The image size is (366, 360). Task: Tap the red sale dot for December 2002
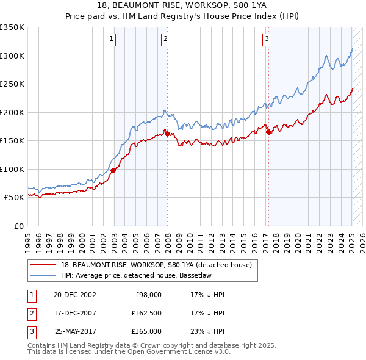pos(113,170)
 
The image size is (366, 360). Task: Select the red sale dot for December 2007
pos(168,134)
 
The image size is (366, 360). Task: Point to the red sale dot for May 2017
pos(269,132)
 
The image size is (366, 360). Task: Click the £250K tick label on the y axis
pos(12,84)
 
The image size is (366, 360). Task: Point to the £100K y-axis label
pos(12,169)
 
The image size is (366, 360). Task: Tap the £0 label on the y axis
pos(19,226)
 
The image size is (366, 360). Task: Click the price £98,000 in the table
pos(148,295)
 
